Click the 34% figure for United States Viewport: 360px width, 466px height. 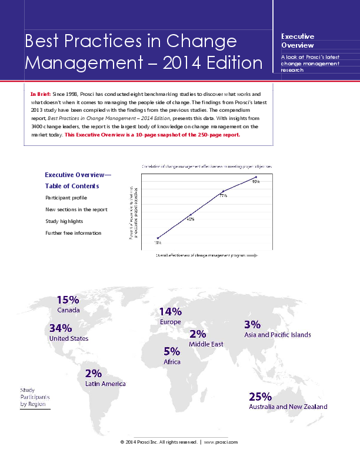[x=61, y=328]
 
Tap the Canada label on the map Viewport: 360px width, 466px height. [x=68, y=309]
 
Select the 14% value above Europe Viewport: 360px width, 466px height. [x=171, y=311]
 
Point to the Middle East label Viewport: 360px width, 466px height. [x=206, y=344]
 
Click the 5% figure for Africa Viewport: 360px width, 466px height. [x=172, y=351]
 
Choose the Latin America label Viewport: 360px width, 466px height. [x=105, y=384]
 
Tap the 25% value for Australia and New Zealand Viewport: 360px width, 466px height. [x=260, y=397]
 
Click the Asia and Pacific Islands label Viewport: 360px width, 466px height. [x=277, y=335]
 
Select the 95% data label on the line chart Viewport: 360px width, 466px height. [x=256, y=182]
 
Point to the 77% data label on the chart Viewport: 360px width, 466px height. [x=224, y=195]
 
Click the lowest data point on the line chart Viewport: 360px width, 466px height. [x=158, y=238]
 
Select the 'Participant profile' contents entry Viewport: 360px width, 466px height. [x=66, y=198]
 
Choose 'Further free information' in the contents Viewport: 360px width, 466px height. [x=74, y=233]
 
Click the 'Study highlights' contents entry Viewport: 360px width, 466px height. [x=64, y=221]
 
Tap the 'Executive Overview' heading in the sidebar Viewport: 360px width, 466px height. [x=298, y=41]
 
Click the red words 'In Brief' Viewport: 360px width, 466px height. [x=40, y=94]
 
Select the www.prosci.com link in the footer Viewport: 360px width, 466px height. [x=221, y=441]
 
